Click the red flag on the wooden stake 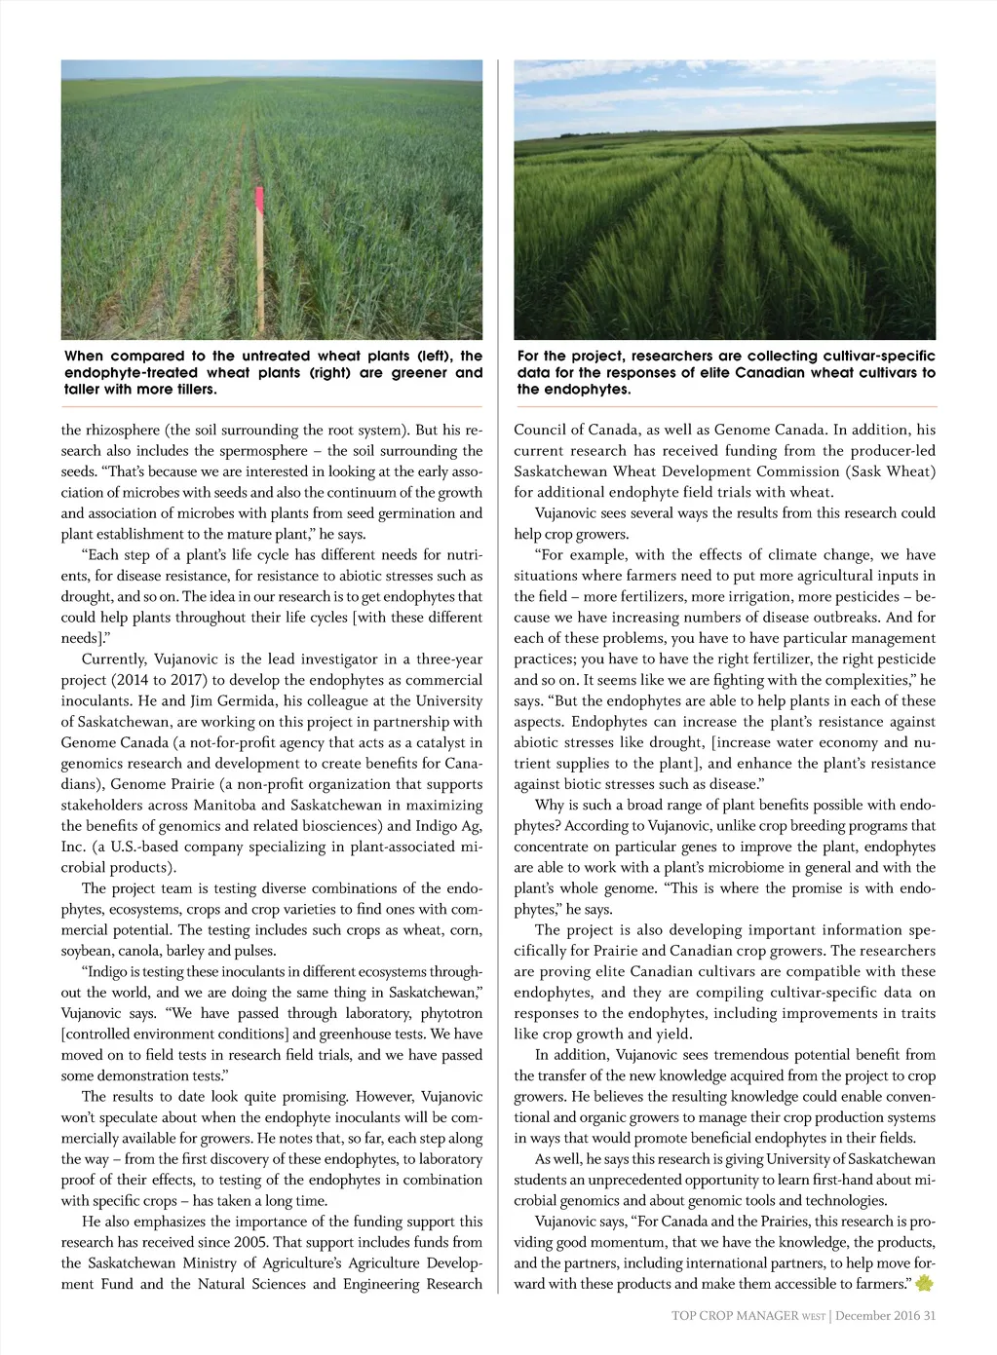(x=259, y=199)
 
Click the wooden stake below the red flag (x=260, y=273)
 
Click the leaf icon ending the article (x=924, y=1284)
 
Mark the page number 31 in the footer (x=929, y=1316)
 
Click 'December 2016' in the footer (x=877, y=1316)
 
